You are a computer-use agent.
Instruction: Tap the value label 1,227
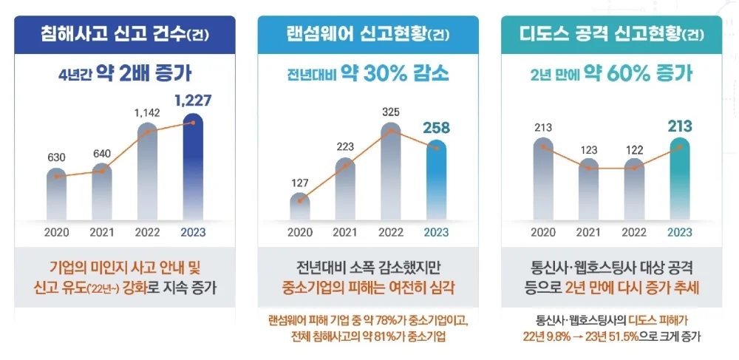tap(193, 100)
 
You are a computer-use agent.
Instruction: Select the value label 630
tap(56, 157)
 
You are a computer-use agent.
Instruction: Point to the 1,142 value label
tap(149, 112)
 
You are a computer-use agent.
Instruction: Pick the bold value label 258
tap(437, 128)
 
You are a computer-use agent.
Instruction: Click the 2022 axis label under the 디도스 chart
tap(634, 232)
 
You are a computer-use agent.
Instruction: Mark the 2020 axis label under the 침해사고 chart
tap(57, 232)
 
